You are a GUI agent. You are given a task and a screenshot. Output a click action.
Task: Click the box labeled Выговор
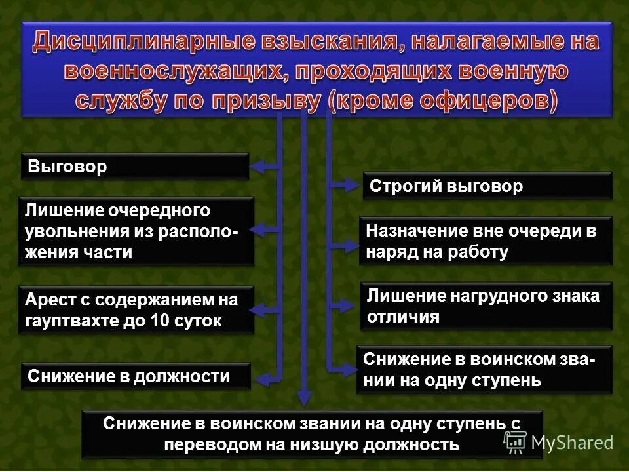tap(135, 167)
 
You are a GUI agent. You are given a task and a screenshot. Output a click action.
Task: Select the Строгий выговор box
tap(487, 186)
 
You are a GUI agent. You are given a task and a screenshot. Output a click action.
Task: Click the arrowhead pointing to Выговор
tap(257, 167)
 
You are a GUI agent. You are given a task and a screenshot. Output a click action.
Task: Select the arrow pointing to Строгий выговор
tap(347, 186)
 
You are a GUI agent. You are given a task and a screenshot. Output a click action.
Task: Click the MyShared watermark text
tap(572, 442)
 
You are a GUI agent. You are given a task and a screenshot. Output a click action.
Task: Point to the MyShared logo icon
tap(515, 442)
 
